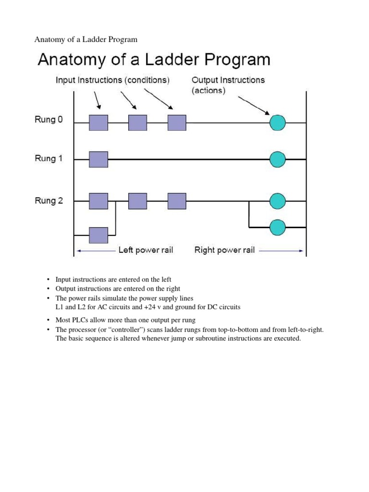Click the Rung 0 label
click(49, 120)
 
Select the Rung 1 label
click(49, 159)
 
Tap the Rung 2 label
click(49, 201)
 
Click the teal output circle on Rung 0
click(277, 123)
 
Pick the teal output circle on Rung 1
click(277, 159)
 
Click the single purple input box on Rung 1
click(98, 159)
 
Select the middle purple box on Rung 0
click(137, 123)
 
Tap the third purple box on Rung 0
click(177, 123)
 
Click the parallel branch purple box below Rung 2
click(98, 235)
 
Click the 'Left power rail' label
click(146, 250)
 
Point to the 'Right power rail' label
click(224, 250)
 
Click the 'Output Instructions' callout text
click(228, 80)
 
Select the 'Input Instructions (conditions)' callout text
click(112, 80)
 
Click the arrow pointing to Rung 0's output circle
click(254, 104)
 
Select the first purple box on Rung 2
click(98, 201)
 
